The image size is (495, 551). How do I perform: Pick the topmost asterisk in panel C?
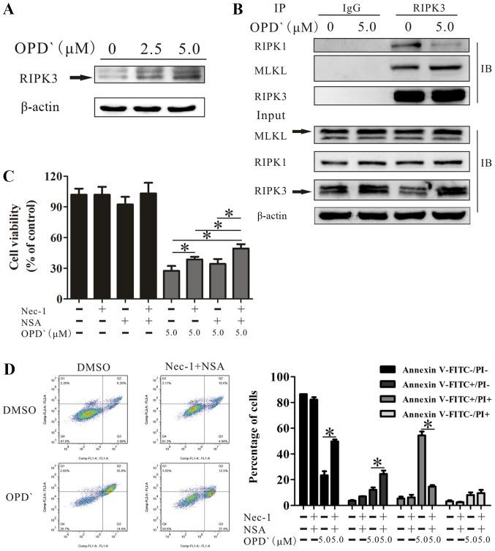(x=228, y=213)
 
